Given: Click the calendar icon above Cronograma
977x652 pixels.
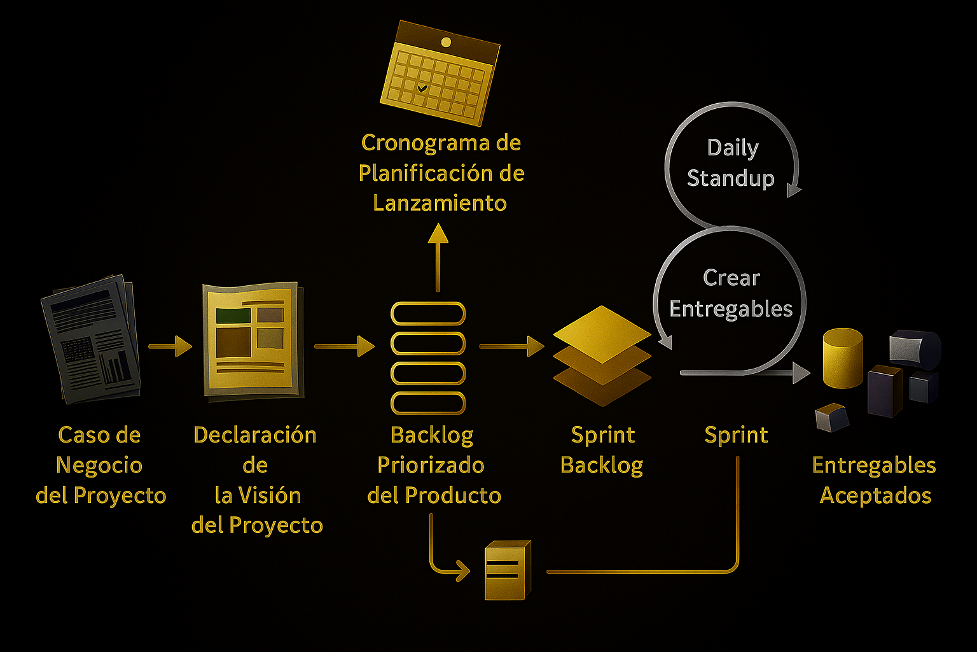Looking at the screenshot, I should pyautogui.click(x=440, y=73).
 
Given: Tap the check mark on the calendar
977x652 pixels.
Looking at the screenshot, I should pyautogui.click(x=422, y=88).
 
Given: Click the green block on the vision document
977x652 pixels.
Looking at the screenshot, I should pyautogui.click(x=233, y=315).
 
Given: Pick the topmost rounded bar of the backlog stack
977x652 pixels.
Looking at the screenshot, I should pyautogui.click(x=428, y=314).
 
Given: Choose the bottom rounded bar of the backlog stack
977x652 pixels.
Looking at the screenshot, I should pyautogui.click(x=428, y=403).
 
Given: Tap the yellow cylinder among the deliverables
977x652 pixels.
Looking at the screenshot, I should pyautogui.click(x=842, y=358).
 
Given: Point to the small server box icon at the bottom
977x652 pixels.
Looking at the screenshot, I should pyautogui.click(x=507, y=570).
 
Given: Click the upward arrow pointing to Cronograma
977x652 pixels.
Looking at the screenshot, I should pyautogui.click(x=438, y=255).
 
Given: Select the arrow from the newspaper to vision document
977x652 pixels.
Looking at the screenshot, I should pyautogui.click(x=170, y=346).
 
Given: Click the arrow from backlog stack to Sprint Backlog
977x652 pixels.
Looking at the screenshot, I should pyautogui.click(x=512, y=346).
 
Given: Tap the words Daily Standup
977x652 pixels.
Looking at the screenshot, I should pyautogui.click(x=731, y=163).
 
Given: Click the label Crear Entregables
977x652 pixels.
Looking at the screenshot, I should pyautogui.click(x=731, y=294).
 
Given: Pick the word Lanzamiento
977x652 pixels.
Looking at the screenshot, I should pyautogui.click(x=440, y=203).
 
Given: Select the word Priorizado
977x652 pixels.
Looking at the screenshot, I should pyautogui.click(x=431, y=465).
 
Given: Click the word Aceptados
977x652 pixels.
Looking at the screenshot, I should pyautogui.click(x=875, y=495).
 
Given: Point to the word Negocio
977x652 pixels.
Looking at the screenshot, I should pyautogui.click(x=99, y=465).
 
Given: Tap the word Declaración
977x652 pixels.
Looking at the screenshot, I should pyautogui.click(x=255, y=436).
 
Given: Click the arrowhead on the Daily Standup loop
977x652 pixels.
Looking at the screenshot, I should pyautogui.click(x=794, y=190).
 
